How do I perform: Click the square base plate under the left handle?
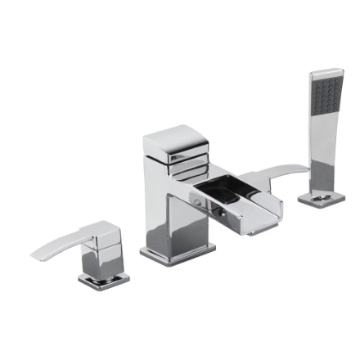104,281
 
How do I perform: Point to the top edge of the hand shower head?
326,72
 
